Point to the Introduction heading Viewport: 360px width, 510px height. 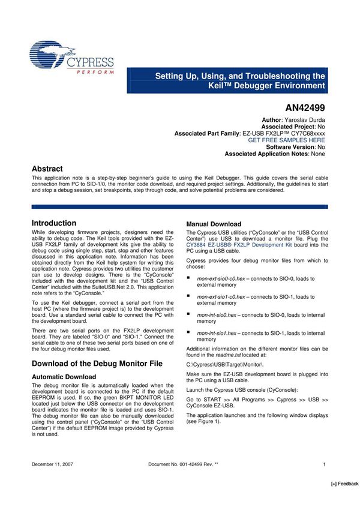pyautogui.click(x=54, y=223)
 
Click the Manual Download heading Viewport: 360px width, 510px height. pyautogui.click(x=214, y=224)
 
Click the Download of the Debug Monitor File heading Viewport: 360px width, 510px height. pyautogui.click(x=97, y=364)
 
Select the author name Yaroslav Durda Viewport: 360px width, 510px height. pyautogui.click(x=304, y=121)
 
